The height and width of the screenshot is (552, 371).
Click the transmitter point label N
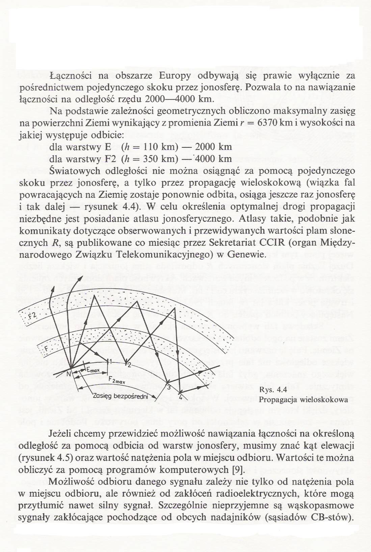click(69, 374)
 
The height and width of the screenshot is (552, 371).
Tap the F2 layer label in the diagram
click(32, 315)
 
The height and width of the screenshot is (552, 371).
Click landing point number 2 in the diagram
click(129, 364)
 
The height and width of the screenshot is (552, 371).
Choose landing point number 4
click(181, 397)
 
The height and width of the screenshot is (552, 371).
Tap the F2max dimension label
click(116, 381)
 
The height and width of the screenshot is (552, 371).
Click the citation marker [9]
click(234, 470)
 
